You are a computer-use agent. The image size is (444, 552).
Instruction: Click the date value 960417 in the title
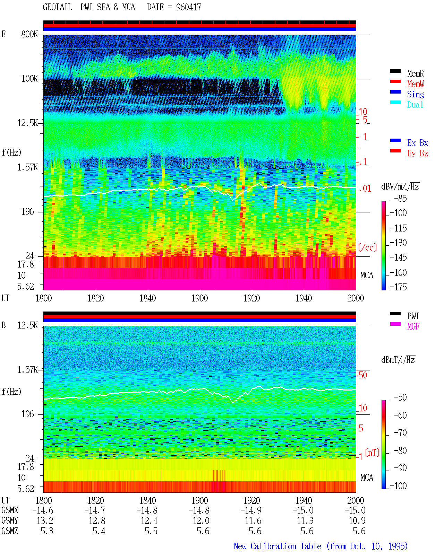(188, 7)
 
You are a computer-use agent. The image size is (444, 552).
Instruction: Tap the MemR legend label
(416, 73)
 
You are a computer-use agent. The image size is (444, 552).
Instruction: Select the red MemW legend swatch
(395, 81)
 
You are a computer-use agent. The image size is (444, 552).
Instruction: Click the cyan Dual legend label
(415, 105)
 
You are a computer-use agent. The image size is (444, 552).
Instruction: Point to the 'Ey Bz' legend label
(418, 153)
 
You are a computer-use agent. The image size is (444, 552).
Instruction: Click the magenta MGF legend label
(413, 326)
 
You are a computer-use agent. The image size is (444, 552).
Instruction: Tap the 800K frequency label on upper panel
(29, 34)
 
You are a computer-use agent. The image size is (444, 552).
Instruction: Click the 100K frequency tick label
(29, 79)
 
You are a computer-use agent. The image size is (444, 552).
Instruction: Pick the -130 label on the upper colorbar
(398, 243)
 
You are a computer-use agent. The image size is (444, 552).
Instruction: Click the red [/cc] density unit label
(367, 247)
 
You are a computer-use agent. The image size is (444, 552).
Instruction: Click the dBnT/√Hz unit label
(398, 360)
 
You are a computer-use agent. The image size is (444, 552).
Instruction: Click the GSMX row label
(10, 510)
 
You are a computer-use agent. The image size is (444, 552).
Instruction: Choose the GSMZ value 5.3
(47, 531)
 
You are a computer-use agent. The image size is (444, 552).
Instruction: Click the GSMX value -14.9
(251, 510)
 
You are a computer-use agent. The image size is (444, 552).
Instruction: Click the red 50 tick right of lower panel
(363, 375)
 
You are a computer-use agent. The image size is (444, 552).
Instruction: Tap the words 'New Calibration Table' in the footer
(277, 546)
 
